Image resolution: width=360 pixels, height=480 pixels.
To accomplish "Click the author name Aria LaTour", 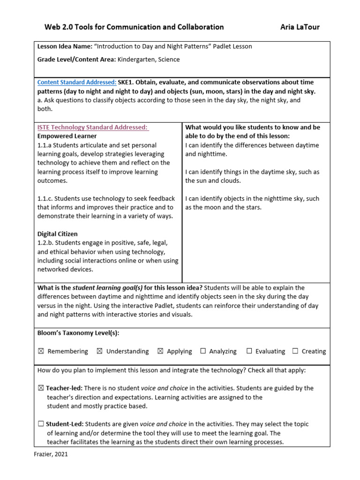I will click(300, 27).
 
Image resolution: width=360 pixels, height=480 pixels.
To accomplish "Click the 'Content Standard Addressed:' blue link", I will click(77, 82).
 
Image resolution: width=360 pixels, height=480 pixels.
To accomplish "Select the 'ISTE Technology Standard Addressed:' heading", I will click(93, 127).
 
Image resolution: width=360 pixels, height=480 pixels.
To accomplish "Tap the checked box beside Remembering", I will click(40, 351).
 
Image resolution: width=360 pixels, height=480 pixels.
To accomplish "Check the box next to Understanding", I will click(99, 351).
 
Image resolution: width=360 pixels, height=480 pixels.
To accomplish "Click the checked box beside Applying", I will click(160, 351).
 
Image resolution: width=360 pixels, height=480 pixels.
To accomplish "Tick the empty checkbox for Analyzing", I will click(203, 351).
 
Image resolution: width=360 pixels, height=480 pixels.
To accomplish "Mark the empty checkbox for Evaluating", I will click(249, 351).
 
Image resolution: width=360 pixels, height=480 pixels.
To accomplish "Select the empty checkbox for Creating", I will click(295, 351).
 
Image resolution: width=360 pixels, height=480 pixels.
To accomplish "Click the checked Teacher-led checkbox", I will click(41, 388).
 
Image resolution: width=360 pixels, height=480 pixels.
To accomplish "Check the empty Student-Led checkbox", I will click(41, 424).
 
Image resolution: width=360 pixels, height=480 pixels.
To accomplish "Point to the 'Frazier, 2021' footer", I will click(51, 454).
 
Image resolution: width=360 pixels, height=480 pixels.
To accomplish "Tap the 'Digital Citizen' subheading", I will click(58, 234).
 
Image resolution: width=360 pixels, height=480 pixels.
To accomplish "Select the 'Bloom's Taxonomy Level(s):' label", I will click(78, 333).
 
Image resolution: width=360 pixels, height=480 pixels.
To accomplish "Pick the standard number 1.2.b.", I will click(46, 243).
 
